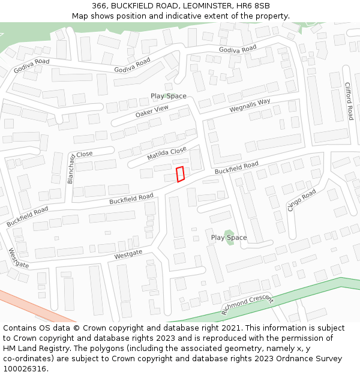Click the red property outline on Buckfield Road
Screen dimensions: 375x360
point(179,174)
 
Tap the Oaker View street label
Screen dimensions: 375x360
point(152,112)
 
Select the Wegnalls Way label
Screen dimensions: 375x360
point(250,106)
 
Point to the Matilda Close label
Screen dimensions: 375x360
point(167,154)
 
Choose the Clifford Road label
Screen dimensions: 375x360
point(348,101)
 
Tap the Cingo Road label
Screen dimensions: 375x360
point(301,200)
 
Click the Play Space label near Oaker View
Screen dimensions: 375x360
point(168,96)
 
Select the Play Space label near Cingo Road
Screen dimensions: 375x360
point(229,238)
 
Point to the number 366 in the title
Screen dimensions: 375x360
point(100,6)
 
